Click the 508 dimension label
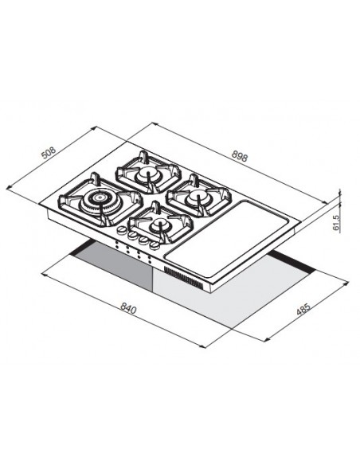49,153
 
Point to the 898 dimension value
239,156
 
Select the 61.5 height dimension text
335,222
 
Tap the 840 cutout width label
128,309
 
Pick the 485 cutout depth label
303,309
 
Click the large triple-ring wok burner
101,201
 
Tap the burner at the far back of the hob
148,174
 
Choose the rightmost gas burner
198,196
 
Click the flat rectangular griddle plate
227,236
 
